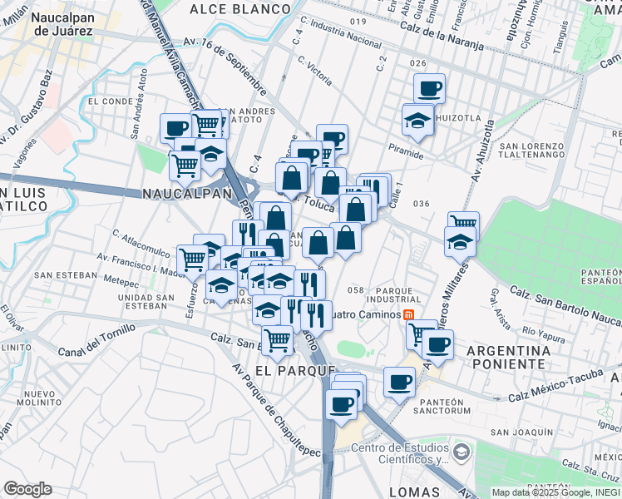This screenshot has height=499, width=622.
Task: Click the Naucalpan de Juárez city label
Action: (52, 22)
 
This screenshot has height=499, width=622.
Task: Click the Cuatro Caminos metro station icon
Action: (408, 315)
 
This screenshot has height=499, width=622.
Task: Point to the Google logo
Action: (27, 489)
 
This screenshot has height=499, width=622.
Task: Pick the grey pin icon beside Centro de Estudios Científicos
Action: (462, 453)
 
